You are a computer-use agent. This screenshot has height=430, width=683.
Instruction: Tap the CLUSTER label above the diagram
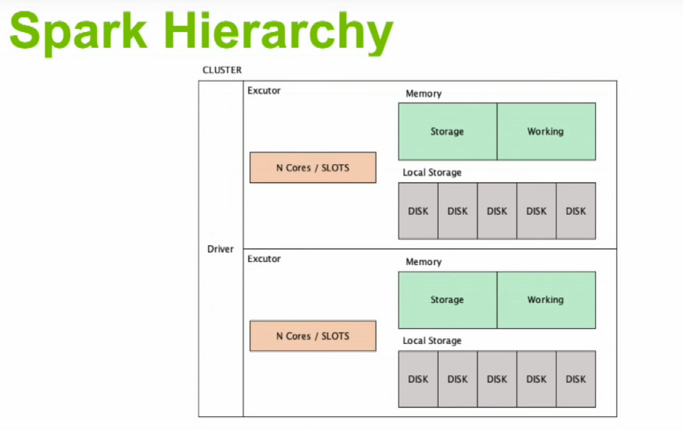pyautogui.click(x=222, y=70)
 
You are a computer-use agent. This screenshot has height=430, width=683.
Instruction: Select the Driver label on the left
pyautogui.click(x=220, y=249)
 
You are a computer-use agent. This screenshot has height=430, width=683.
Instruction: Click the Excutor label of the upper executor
pyautogui.click(x=264, y=91)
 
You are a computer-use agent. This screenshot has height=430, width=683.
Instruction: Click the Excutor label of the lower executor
pyautogui.click(x=264, y=259)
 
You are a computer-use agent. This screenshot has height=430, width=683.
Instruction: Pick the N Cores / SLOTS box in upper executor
pyautogui.click(x=312, y=167)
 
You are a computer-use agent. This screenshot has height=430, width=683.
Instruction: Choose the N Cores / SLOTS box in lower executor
pyautogui.click(x=312, y=336)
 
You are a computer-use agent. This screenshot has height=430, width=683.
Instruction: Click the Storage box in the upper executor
pyautogui.click(x=447, y=132)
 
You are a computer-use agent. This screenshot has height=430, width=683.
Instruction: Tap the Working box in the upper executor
pyautogui.click(x=546, y=132)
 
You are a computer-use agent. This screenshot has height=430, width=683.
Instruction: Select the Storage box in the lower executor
pyautogui.click(x=447, y=300)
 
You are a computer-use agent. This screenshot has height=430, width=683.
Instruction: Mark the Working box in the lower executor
pyautogui.click(x=546, y=300)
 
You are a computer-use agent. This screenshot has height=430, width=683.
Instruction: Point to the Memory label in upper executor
pyautogui.click(x=423, y=93)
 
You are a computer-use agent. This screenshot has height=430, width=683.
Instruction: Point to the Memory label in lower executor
pyautogui.click(x=423, y=262)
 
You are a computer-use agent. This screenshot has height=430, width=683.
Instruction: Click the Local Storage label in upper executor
pyautogui.click(x=432, y=172)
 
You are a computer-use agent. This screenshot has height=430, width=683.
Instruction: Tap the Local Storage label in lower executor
pyautogui.click(x=432, y=341)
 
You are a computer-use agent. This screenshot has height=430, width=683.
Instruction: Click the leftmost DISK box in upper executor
pyautogui.click(x=418, y=211)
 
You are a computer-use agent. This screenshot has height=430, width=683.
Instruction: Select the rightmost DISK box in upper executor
pyautogui.click(x=576, y=211)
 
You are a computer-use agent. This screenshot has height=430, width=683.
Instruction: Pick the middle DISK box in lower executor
pyautogui.click(x=497, y=379)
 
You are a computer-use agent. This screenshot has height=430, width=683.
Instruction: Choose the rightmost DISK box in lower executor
pyautogui.click(x=576, y=379)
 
